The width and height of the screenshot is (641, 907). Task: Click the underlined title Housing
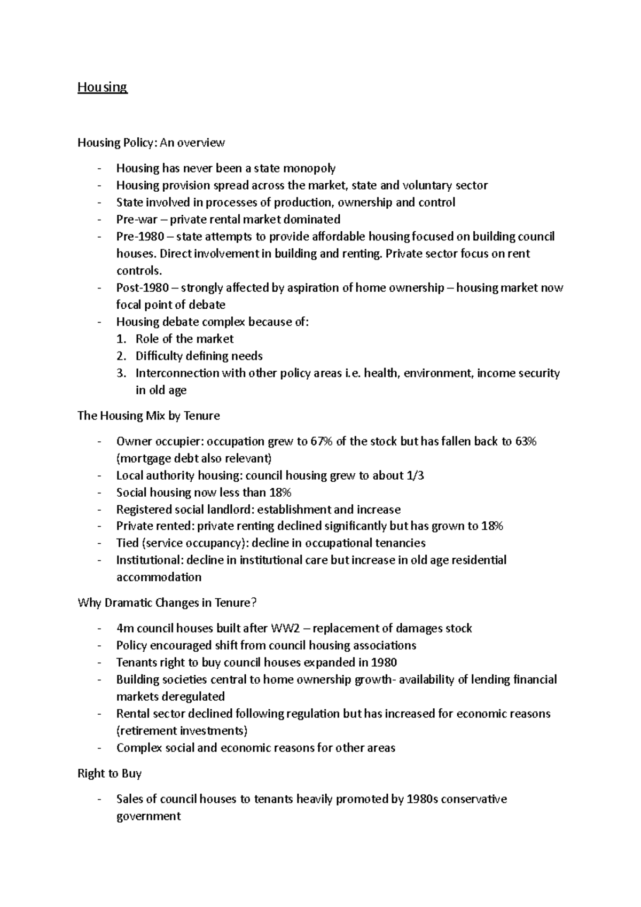click(102, 87)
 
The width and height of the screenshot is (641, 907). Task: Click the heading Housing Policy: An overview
click(151, 143)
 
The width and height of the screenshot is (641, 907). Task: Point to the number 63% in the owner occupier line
click(526, 441)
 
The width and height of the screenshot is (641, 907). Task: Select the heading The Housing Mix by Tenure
click(148, 416)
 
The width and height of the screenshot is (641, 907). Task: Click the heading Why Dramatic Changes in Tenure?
click(167, 603)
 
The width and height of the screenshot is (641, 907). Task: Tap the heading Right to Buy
click(110, 773)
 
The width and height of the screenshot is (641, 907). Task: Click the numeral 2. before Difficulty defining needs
click(121, 356)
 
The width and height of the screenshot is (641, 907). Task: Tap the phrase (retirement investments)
click(182, 731)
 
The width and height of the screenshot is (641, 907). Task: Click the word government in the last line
click(148, 816)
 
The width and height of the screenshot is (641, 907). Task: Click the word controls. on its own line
click(139, 271)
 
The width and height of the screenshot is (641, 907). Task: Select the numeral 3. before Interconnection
click(121, 373)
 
